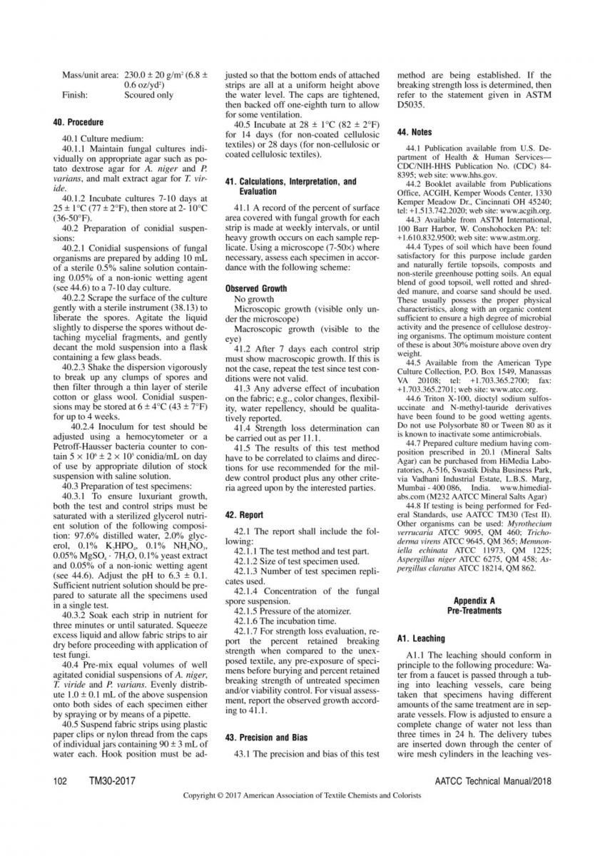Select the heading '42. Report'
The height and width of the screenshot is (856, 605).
coord(244,514)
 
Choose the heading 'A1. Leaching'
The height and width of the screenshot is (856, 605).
coord(420,638)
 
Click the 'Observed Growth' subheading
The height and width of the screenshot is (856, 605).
coord(256,289)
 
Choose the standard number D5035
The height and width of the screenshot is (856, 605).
coord(413,104)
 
